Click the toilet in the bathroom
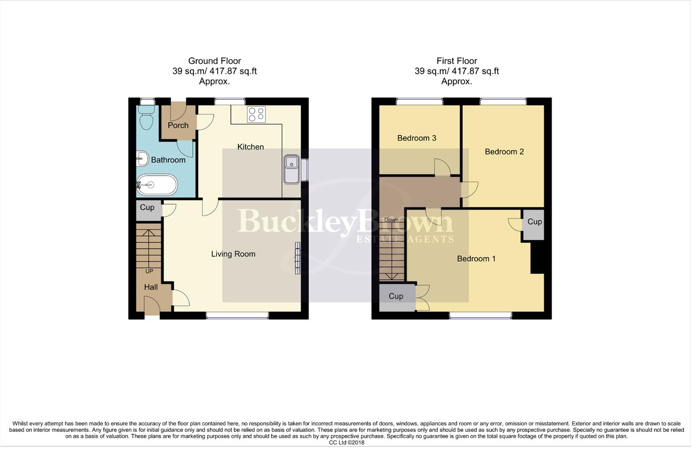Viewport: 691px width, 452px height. [146, 117]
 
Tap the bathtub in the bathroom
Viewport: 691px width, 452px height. [157, 185]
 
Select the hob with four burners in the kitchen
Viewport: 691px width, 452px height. [256, 115]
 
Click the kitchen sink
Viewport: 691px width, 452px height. [291, 169]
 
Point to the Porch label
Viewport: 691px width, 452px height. [178, 125]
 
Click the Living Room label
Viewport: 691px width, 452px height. [233, 254]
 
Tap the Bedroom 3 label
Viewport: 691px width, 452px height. [417, 138]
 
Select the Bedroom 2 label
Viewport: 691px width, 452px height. [504, 152]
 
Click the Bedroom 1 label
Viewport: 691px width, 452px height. [476, 259]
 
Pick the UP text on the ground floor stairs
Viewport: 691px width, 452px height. [149, 271]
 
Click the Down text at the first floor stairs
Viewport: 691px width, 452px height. [391, 220]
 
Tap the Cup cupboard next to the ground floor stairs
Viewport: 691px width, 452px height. [147, 208]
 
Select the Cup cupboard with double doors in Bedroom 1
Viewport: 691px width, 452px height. [396, 296]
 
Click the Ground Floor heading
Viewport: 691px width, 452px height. [214, 61]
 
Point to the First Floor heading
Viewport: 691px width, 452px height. [456, 61]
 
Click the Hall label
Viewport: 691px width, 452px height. [151, 287]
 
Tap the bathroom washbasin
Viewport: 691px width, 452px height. [142, 159]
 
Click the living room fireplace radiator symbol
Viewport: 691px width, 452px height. [298, 258]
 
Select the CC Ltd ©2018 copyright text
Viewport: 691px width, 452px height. [347, 443]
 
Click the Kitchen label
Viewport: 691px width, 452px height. [251, 147]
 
